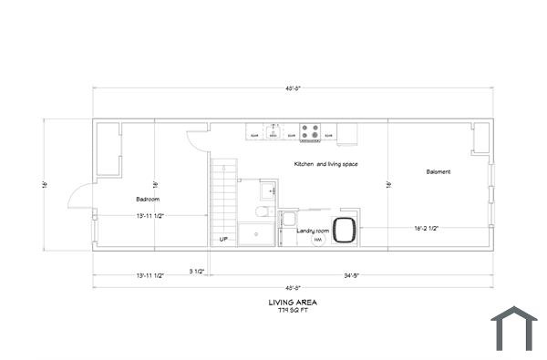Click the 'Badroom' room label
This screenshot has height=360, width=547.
point(148,200)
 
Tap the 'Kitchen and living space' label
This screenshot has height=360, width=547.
point(325,164)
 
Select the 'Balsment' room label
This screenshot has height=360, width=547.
point(438,171)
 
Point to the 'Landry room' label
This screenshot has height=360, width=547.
point(313,231)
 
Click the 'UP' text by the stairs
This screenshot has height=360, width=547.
point(223,240)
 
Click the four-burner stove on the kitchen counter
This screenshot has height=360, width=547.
point(311,133)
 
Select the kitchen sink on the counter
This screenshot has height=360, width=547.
point(273,132)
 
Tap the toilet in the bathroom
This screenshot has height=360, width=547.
point(262,211)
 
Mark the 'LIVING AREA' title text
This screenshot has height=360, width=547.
point(293,302)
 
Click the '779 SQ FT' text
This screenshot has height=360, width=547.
point(293,311)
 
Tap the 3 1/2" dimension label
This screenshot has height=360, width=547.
point(196,272)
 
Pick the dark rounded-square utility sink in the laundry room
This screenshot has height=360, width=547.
point(345,230)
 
